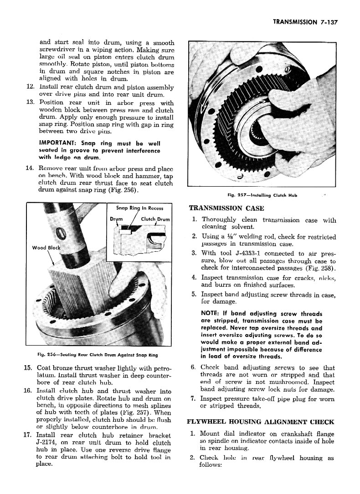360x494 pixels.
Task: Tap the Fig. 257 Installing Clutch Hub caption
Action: pos(262,195)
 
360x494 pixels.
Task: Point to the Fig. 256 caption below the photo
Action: pos(94,355)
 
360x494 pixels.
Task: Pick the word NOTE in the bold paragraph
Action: pos(210,314)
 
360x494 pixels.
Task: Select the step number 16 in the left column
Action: pos(30,391)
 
